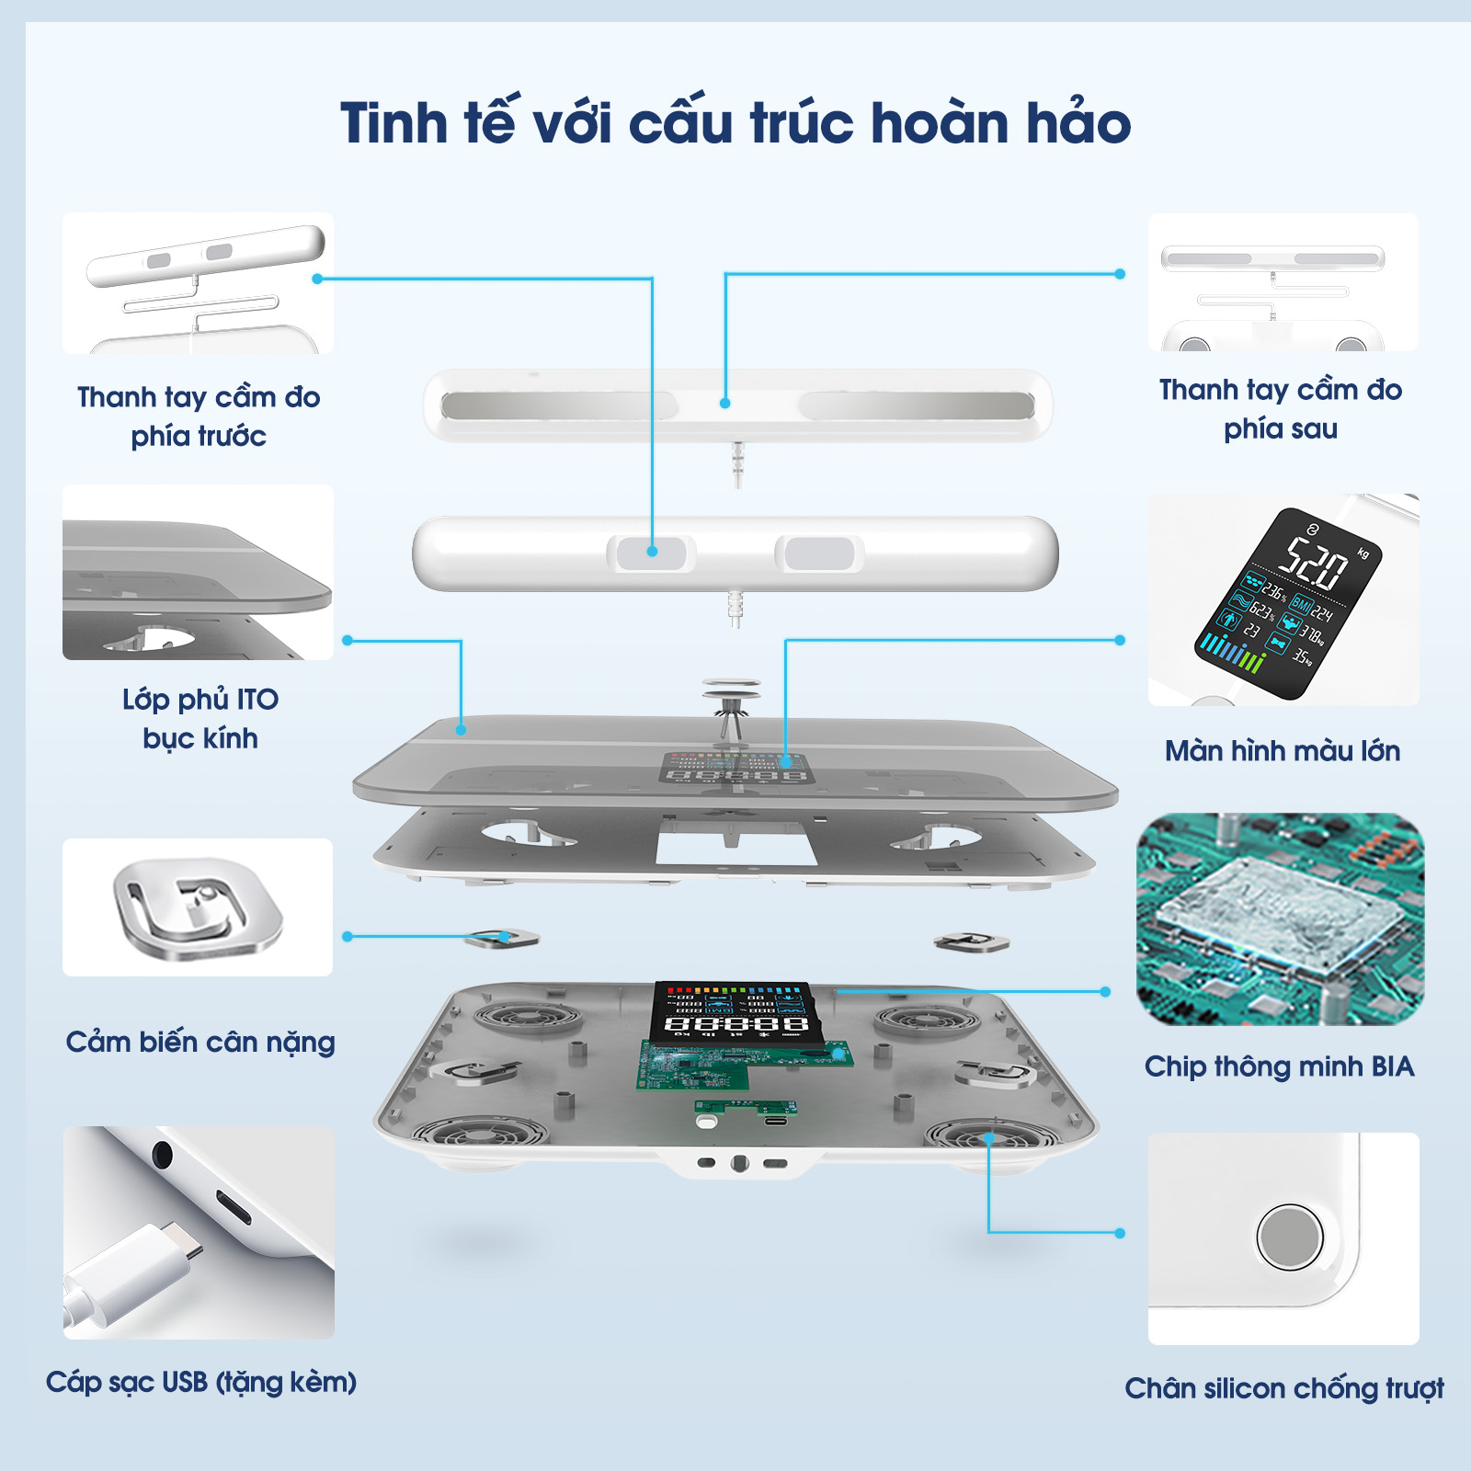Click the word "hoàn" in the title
point(939,122)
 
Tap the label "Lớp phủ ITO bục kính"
point(200,718)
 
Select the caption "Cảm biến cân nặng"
point(200,1042)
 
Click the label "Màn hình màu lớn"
point(1283,750)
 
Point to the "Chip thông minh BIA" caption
point(1279,1066)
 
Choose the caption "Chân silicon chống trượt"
point(1284,1387)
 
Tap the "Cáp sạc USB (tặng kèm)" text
point(201,1382)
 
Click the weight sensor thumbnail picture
point(198,907)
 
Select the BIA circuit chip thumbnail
point(1280,919)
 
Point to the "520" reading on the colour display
point(1316,563)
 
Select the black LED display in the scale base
point(732,1010)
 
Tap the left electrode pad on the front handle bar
point(651,553)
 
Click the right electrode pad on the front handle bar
point(819,553)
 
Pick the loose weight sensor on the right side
point(971,941)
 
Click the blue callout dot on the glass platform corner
point(461,730)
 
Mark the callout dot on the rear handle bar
point(725,403)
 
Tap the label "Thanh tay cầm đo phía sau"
point(1280,409)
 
